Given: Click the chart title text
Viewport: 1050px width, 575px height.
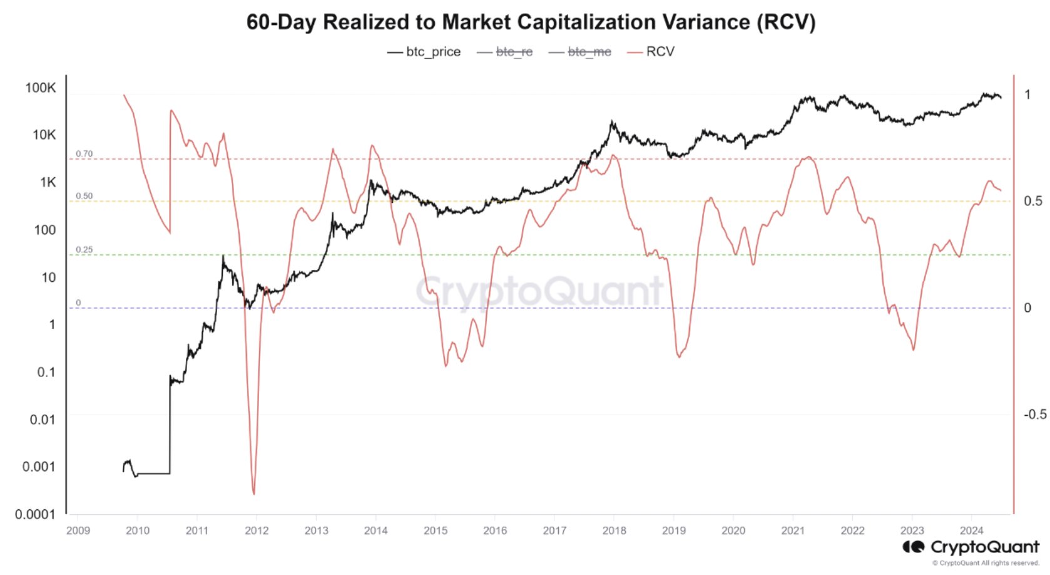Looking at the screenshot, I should click(x=531, y=23).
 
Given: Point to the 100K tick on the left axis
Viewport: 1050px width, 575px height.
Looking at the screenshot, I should click(x=41, y=88).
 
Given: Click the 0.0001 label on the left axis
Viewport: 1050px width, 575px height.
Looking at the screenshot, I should click(x=35, y=514).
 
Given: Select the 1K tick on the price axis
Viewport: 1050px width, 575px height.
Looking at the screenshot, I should click(x=48, y=182).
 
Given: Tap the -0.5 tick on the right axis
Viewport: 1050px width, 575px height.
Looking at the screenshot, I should click(x=1034, y=414).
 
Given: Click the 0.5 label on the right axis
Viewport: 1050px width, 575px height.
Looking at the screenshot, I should click(x=1032, y=201).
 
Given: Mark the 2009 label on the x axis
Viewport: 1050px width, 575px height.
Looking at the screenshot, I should click(x=78, y=531).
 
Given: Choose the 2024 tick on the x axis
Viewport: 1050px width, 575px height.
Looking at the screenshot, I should click(x=971, y=531).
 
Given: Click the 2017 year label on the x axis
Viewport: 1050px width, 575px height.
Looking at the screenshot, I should click(x=554, y=531).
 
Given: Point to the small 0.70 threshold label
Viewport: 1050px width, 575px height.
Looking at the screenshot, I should click(x=84, y=153).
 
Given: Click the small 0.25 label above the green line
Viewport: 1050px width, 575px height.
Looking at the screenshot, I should click(x=84, y=249).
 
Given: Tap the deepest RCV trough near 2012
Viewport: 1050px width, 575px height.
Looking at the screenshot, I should click(x=253, y=494).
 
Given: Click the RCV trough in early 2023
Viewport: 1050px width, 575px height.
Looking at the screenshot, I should click(x=914, y=349).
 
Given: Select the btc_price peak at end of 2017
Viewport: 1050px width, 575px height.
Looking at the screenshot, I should click(x=612, y=122).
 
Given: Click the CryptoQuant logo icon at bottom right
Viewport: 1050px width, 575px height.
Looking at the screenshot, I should click(x=913, y=547).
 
